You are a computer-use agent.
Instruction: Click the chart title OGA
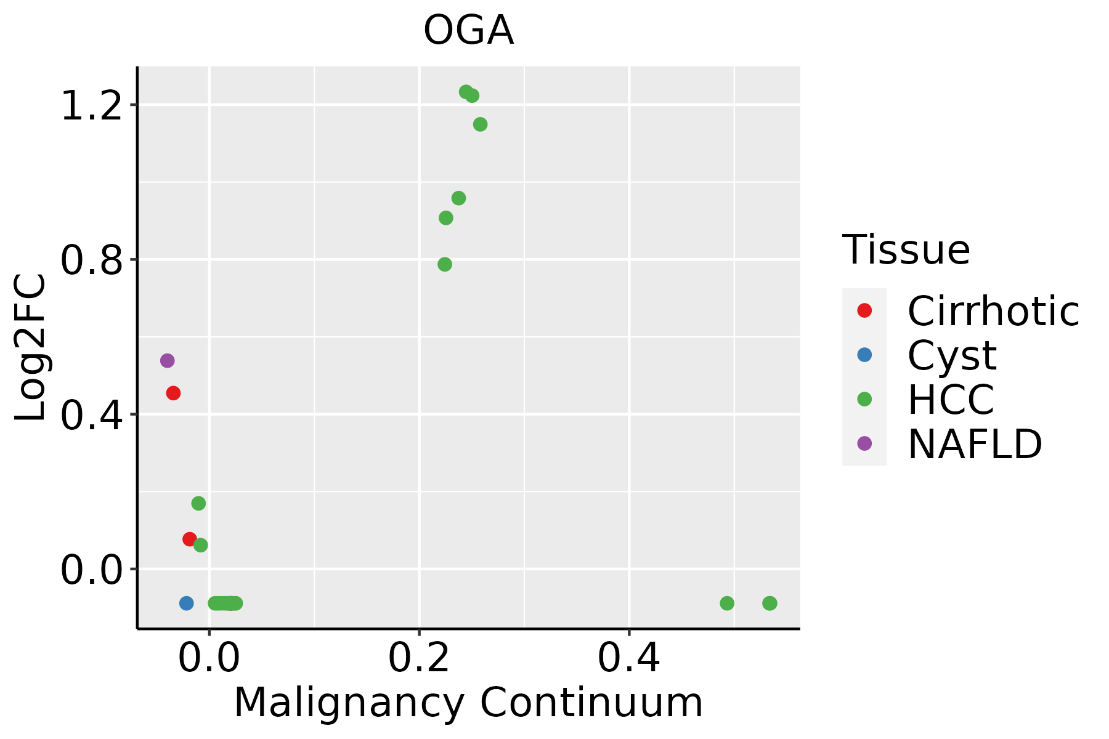tap(468, 31)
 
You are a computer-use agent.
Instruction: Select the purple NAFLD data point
tap(167, 360)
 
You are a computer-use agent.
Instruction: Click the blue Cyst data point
tap(186, 603)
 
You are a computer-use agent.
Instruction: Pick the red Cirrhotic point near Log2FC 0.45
tap(173, 393)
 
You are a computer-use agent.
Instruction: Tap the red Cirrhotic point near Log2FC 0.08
tap(190, 539)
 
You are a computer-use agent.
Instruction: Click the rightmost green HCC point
tap(770, 603)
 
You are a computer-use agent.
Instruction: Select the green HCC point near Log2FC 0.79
tap(445, 264)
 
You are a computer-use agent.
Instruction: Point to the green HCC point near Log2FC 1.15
tap(480, 124)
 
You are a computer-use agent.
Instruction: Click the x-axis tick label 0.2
tap(419, 658)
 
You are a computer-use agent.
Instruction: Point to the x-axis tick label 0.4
tap(629, 658)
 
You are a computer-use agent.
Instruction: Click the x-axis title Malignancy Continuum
tap(468, 702)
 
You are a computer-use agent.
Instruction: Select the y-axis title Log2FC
tap(31, 347)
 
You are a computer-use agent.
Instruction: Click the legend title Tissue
tap(906, 250)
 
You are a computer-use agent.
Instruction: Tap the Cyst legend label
tap(952, 355)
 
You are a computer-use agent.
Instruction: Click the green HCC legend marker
tap(864, 399)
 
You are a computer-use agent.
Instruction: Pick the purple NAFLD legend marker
tap(864, 443)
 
